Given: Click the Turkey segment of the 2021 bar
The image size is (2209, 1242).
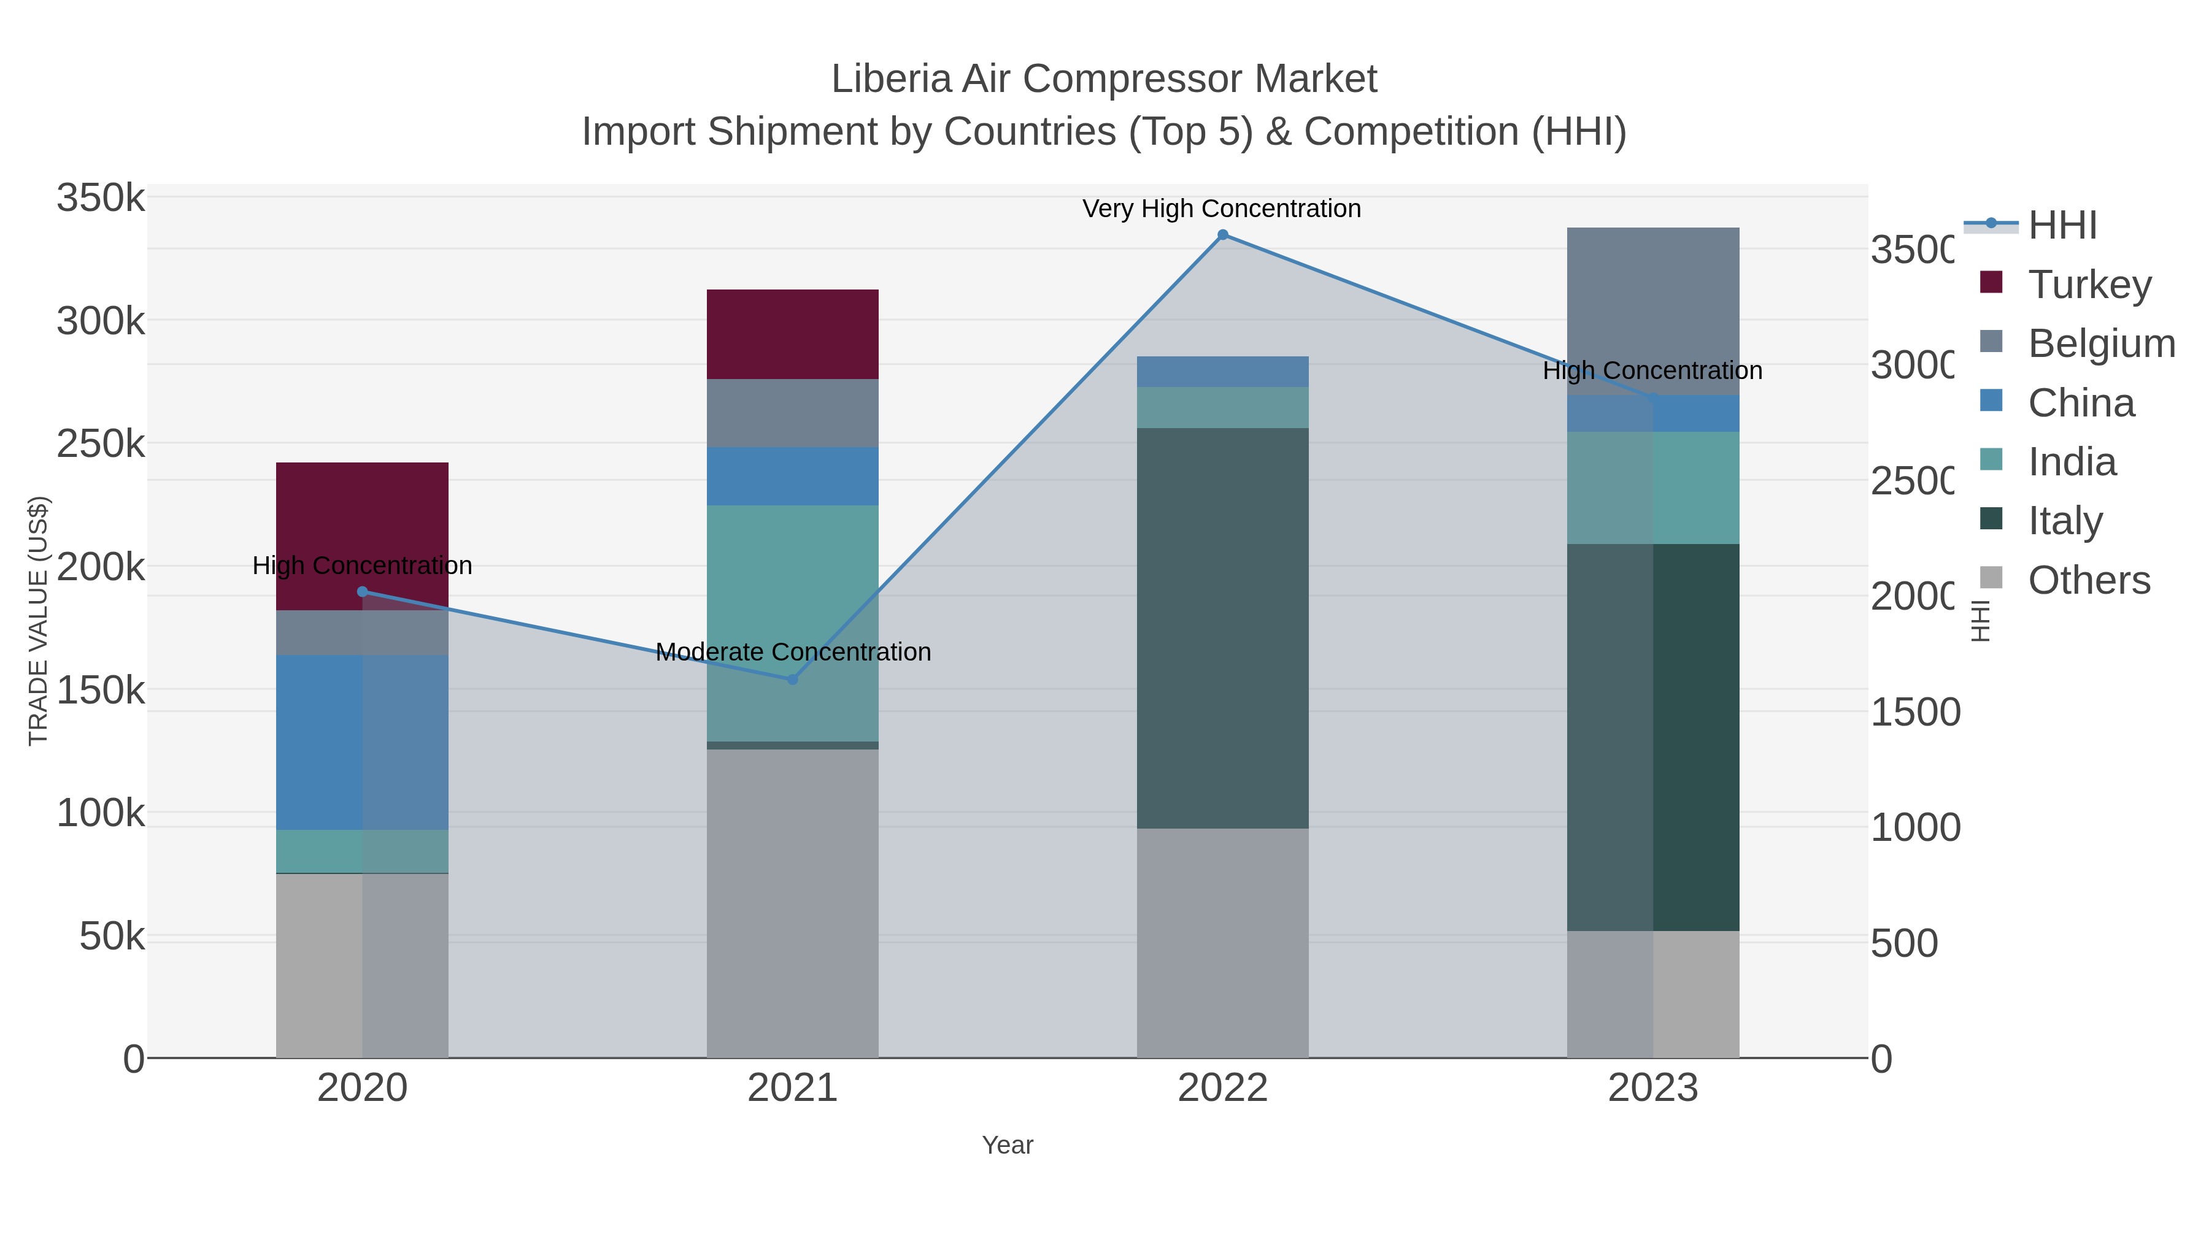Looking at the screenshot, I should click(x=792, y=334).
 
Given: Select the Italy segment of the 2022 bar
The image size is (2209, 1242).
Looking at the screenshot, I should click(x=1222, y=627).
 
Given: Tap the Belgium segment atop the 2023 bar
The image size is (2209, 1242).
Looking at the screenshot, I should click(x=1652, y=310).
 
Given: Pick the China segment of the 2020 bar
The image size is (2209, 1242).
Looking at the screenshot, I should click(x=362, y=742).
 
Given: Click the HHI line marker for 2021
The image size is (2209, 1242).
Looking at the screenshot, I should click(x=792, y=679).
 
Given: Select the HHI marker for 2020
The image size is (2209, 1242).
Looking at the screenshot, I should click(x=362, y=591).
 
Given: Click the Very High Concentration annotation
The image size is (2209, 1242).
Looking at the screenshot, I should click(x=1221, y=209).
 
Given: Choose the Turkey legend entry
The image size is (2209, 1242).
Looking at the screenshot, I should click(x=2089, y=284).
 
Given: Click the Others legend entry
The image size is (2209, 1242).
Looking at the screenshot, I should click(x=2089, y=580).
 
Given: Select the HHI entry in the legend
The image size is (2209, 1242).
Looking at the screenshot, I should click(x=2062, y=224).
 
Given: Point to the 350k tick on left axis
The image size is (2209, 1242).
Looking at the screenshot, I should click(x=101, y=198).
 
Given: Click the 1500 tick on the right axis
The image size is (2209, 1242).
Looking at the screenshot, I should click(x=1914, y=711).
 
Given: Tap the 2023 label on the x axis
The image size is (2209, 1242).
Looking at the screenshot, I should click(x=1652, y=1087).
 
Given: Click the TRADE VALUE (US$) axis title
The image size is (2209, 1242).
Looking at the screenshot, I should click(x=39, y=621).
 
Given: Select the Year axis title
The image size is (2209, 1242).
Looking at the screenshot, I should click(x=1008, y=1145).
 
